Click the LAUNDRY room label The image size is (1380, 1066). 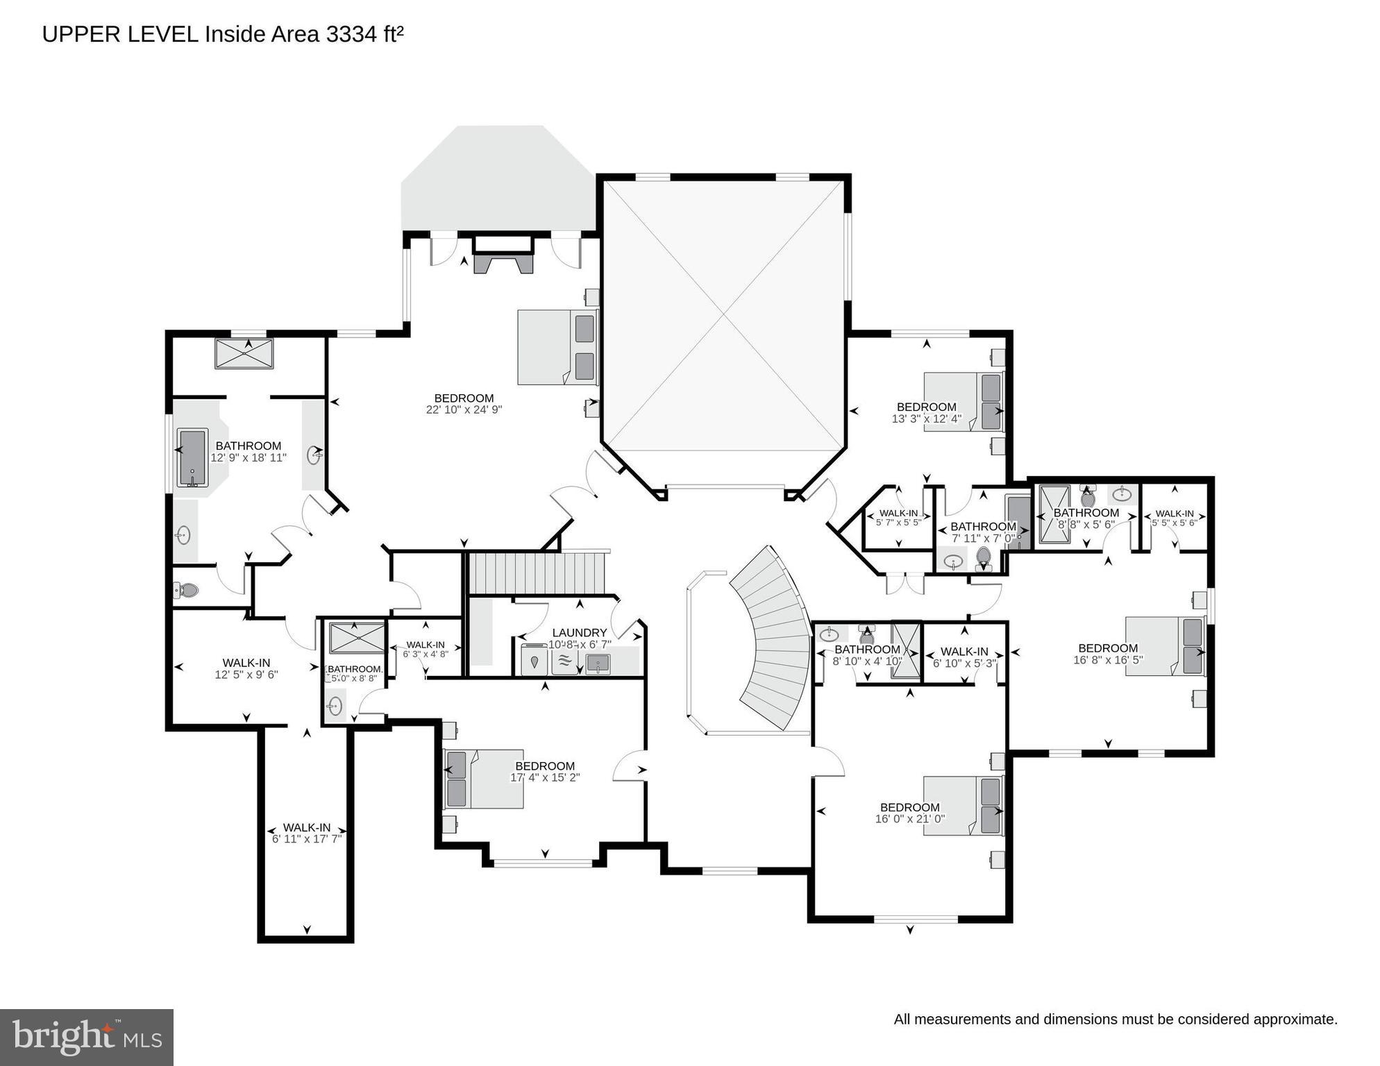579,633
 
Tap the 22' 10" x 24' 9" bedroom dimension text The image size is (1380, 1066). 464,410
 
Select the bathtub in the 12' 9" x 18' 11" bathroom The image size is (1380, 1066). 192,457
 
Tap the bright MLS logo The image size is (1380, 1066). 87,1037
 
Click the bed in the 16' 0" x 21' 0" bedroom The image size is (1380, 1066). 964,806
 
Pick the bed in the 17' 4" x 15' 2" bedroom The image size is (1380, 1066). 484,779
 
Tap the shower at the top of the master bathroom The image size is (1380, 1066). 244,354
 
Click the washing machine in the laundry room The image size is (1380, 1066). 534,661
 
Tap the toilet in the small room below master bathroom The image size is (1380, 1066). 186,591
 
